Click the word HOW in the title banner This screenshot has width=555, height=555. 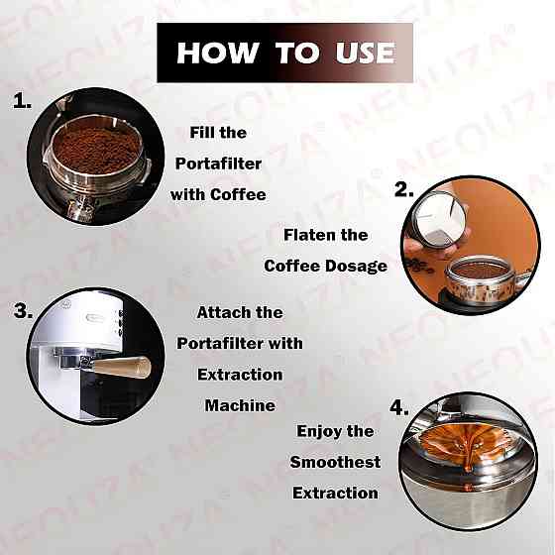click(218, 53)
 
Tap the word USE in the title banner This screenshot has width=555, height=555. click(366, 53)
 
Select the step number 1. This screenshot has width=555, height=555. click(22, 101)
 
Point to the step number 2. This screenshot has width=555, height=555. click(404, 189)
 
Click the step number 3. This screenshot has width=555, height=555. click(24, 311)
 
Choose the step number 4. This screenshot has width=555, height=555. click(399, 407)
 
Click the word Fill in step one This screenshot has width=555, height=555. click(202, 133)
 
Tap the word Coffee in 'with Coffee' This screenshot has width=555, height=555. click(238, 194)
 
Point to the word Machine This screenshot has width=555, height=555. click(240, 405)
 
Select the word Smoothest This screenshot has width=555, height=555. click(335, 462)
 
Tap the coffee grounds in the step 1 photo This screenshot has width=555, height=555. click(96, 149)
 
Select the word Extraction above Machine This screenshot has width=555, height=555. click(240, 375)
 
